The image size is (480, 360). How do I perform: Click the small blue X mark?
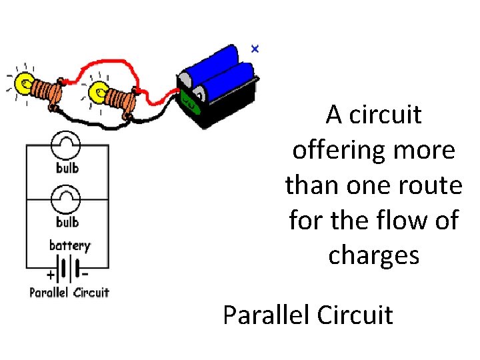tap(254, 49)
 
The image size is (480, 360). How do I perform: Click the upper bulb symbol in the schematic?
tap(67, 145)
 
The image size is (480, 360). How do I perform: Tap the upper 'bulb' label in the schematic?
tap(67, 168)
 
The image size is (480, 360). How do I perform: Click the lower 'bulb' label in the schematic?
tap(67, 222)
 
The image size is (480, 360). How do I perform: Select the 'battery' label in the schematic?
tap(69, 245)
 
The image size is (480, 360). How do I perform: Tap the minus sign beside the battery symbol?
tap(85, 271)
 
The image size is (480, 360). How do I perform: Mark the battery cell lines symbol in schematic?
tap(67, 269)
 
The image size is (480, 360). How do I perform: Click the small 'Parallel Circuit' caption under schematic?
tap(69, 292)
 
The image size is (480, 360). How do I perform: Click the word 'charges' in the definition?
tap(373, 255)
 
